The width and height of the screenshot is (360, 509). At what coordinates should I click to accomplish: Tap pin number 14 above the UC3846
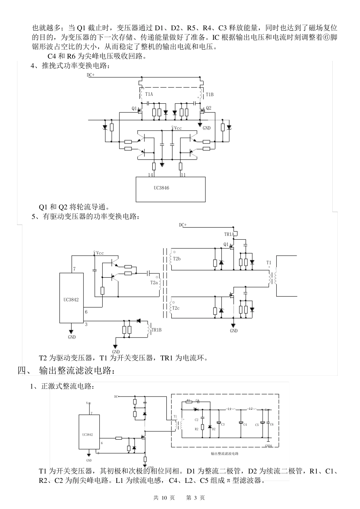pos(151,175)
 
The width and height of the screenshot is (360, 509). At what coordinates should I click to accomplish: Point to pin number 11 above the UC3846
pos(183,175)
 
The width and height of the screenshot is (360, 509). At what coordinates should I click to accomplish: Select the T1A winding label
pos(149,94)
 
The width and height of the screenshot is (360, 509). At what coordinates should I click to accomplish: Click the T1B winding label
pos(210,94)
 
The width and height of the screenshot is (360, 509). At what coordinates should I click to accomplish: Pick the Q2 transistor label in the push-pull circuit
pos(209,108)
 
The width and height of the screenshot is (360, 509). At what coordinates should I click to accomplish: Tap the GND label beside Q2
pos(207,128)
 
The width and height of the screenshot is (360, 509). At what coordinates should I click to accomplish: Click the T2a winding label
pos(154,283)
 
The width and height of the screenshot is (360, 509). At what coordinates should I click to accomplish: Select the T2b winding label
pos(176,259)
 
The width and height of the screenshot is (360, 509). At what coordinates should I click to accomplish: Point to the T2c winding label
pos(176,308)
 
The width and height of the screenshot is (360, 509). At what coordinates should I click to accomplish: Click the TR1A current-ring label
pos(229,235)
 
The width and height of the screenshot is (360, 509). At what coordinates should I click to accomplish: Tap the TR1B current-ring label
pos(157,330)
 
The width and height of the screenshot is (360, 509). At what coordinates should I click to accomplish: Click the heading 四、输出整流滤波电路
pos(66,370)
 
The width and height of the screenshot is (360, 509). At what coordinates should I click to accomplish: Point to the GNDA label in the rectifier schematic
pos(268,446)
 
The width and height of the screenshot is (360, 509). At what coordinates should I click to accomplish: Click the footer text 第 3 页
pos(196,498)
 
